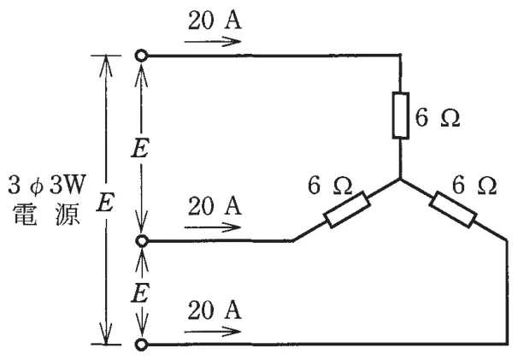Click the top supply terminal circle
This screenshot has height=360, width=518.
tap(141, 56)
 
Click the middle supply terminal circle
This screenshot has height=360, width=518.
tap(142, 241)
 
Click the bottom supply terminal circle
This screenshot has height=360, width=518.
tap(141, 344)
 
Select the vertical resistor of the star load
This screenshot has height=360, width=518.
tap(401, 115)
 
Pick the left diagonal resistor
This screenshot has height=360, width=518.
tap(347, 209)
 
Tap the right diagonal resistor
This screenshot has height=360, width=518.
tap(453, 210)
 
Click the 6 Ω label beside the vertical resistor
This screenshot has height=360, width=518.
tap(437, 117)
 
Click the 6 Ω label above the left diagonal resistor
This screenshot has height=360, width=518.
tap(330, 185)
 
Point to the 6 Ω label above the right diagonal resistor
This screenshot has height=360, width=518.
tap(474, 185)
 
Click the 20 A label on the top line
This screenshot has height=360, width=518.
tap(215, 21)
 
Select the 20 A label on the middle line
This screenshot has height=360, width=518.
tap(215, 206)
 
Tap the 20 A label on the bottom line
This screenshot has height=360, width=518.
tap(215, 310)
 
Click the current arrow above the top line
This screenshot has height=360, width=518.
tap(213, 42)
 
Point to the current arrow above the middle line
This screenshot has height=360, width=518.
tap(213, 227)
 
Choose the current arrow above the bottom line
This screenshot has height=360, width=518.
tap(213, 332)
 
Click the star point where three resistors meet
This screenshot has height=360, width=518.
tap(400, 180)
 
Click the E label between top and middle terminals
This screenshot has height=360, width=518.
tap(140, 148)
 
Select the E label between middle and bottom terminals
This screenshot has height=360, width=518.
tap(139, 293)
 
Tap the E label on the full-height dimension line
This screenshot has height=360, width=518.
tap(105, 202)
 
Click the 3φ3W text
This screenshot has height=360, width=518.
tap(46, 185)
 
